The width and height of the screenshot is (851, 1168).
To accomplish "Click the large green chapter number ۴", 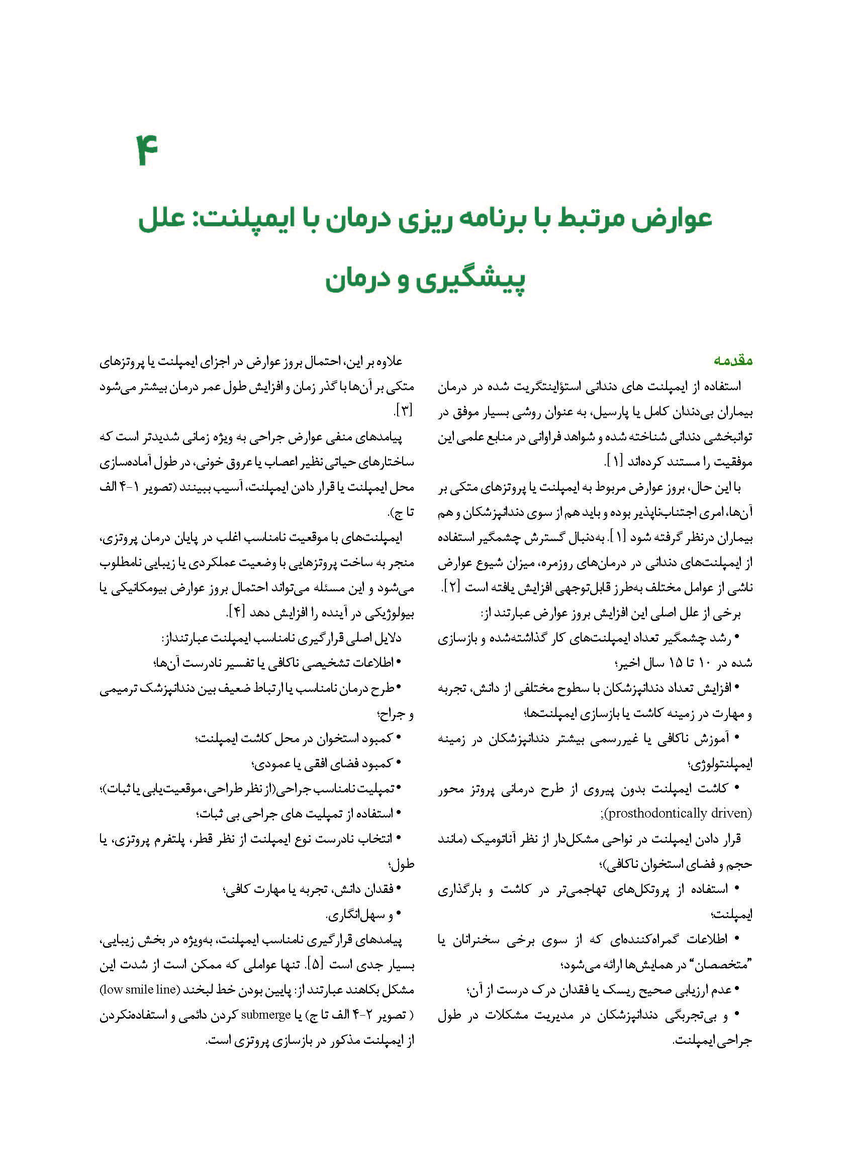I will (x=147, y=149).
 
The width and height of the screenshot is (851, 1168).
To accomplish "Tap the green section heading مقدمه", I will (x=733, y=361).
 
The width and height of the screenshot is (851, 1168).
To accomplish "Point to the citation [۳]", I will (x=403, y=411).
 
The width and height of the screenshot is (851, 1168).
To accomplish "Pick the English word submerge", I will (x=266, y=1015).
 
